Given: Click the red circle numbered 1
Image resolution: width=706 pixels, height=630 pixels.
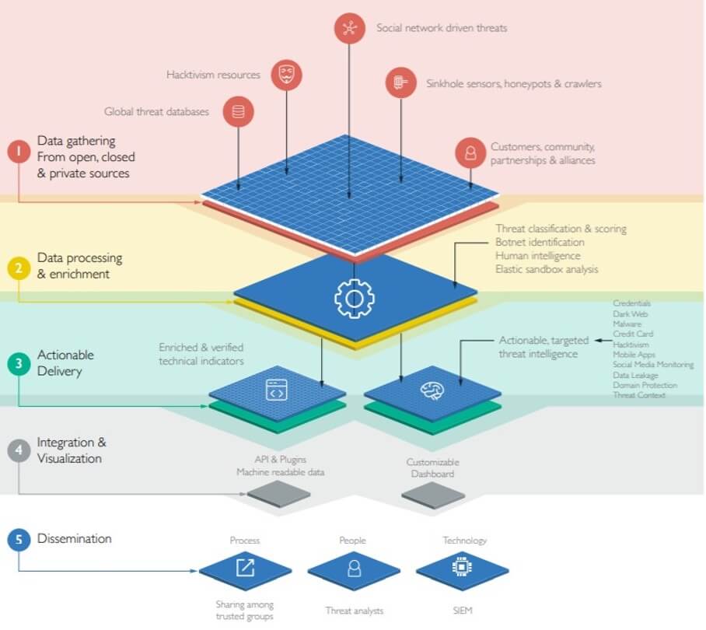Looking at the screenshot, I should (x=18, y=151).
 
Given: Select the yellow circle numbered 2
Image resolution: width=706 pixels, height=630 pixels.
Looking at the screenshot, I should (x=18, y=268).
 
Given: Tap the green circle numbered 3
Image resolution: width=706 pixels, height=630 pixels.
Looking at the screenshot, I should (x=18, y=363).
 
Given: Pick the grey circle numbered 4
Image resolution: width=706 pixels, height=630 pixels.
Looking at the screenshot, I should (x=18, y=451).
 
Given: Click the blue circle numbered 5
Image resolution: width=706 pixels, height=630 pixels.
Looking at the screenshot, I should (x=18, y=539).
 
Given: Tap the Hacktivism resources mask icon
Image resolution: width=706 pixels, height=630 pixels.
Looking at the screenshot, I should (x=286, y=75).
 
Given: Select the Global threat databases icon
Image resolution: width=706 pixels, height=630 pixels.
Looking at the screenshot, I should (x=238, y=112).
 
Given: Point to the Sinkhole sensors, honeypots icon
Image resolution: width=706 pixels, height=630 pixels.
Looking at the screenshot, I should (x=400, y=82).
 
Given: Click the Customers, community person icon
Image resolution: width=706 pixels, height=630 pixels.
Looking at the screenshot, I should (x=470, y=152).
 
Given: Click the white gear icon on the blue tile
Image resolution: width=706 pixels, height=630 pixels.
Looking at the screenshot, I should (x=354, y=297).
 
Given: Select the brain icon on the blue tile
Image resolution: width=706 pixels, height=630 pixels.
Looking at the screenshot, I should (x=432, y=391).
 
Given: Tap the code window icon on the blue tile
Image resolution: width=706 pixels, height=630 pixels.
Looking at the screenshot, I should (x=276, y=390).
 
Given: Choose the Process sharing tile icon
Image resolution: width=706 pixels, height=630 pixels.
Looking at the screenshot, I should (x=245, y=568).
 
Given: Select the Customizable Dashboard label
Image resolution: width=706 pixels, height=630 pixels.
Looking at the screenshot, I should (x=433, y=468).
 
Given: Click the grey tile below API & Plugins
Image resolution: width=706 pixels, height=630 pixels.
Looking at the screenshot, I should (x=278, y=492).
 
